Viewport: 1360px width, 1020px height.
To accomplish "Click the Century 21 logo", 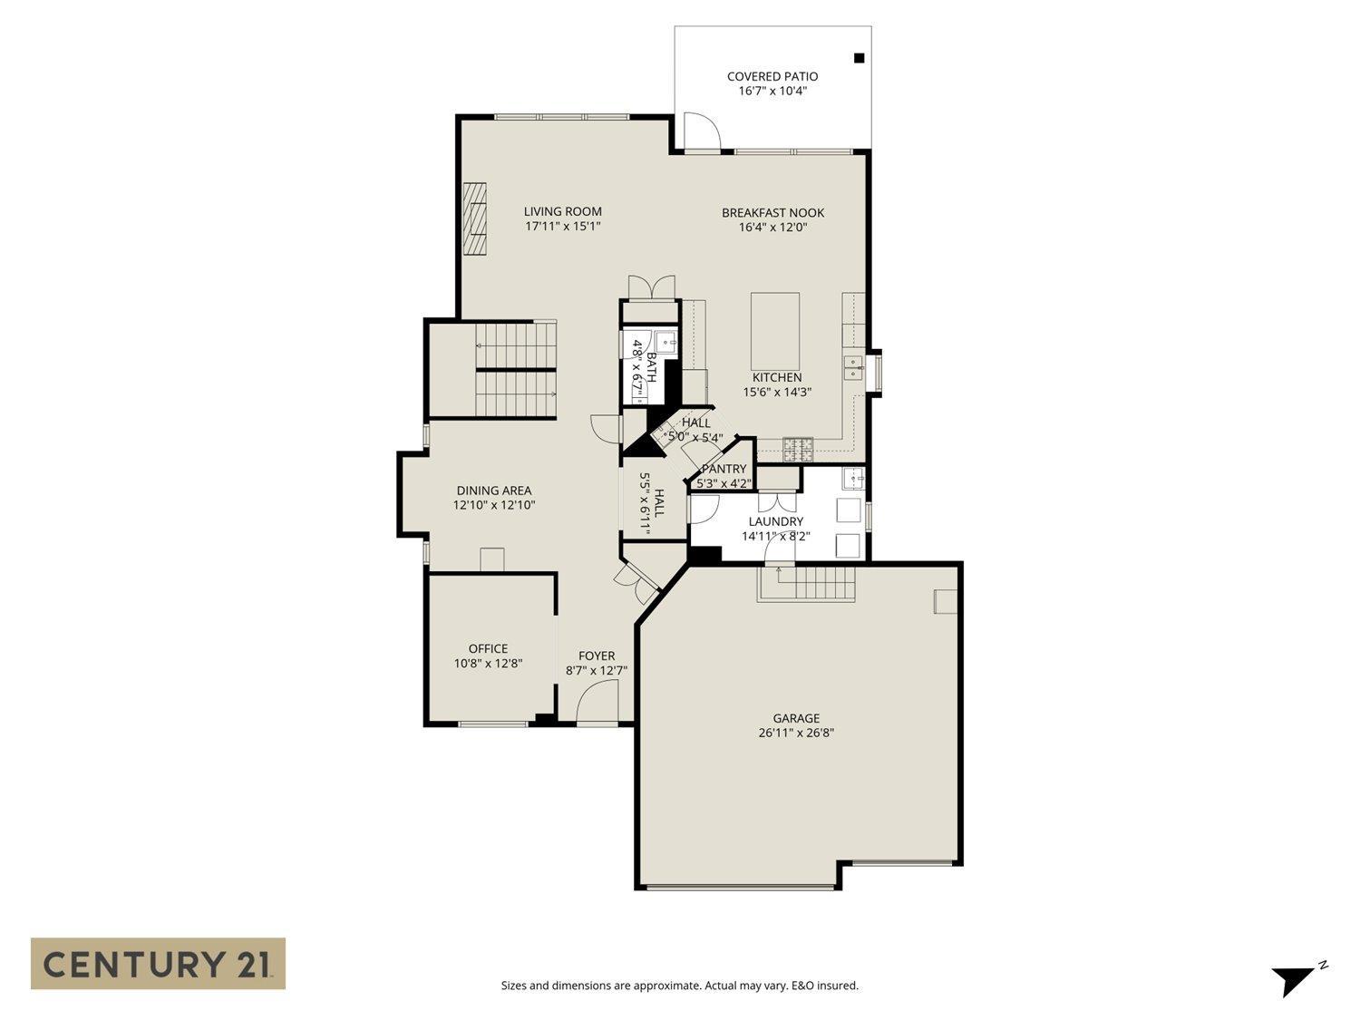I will (x=158, y=963).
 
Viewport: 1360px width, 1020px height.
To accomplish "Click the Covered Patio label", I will (x=772, y=76).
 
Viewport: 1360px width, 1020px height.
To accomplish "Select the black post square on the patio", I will (x=860, y=58).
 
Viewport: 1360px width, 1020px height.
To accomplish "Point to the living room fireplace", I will (x=475, y=220).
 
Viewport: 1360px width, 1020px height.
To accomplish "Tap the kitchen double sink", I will (x=853, y=367).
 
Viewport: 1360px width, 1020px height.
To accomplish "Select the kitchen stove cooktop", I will (x=798, y=446).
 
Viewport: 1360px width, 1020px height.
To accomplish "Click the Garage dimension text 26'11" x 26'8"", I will (x=796, y=733).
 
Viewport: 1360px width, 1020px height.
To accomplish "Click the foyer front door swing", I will (x=597, y=702).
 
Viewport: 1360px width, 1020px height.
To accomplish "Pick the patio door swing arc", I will (x=701, y=131).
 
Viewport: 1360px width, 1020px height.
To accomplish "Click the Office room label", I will (x=488, y=648).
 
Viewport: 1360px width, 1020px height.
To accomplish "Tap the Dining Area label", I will (x=494, y=491).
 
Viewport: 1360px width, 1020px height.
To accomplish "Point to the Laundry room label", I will (x=775, y=521).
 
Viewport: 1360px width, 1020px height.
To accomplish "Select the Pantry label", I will (x=724, y=469).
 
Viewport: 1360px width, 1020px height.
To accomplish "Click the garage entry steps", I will (x=807, y=582).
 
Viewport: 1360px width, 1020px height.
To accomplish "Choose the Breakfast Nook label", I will (x=772, y=212).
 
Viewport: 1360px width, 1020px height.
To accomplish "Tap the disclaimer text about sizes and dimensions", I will (x=679, y=986).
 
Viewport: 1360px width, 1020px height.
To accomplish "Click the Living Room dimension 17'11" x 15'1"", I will (x=562, y=227).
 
